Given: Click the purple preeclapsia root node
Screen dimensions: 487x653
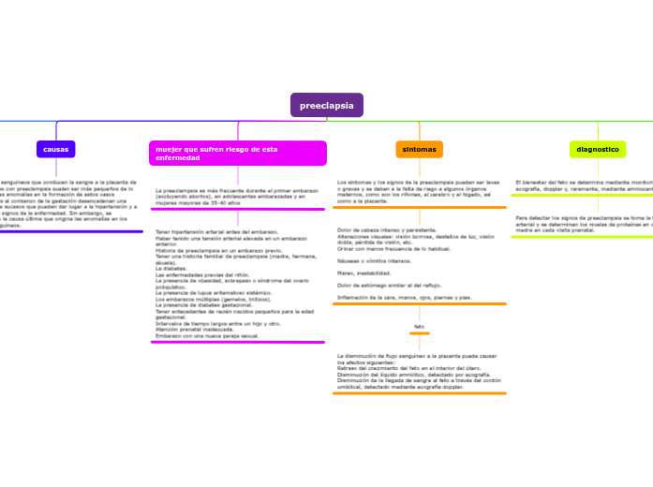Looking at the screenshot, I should (326, 106).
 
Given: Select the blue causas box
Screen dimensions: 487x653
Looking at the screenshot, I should (56, 149).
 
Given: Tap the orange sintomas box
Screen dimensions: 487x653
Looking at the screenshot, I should (419, 149).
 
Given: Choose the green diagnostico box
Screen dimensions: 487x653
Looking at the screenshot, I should (598, 149).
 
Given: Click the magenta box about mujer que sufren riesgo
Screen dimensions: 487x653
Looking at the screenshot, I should (238, 153).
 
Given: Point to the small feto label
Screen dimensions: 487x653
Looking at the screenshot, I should (419, 326).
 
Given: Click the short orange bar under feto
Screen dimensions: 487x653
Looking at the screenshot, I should (419, 333).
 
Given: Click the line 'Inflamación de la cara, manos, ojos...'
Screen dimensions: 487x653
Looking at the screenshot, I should (404, 297).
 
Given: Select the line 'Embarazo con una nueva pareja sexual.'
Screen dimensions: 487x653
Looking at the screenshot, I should (207, 335).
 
